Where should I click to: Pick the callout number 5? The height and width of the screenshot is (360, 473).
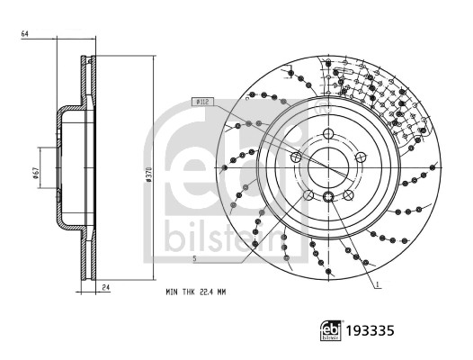pos(194,259)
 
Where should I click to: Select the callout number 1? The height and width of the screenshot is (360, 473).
pos(378,285)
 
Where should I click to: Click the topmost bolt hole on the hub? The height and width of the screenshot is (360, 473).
pos(329,135)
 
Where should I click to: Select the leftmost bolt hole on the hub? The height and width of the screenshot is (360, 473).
pos(296,157)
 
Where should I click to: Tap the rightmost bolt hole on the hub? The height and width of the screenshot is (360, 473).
pos(362,157)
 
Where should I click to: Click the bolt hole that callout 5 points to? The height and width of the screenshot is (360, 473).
pos(308,195)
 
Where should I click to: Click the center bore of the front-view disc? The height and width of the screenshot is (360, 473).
pos(329,168)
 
